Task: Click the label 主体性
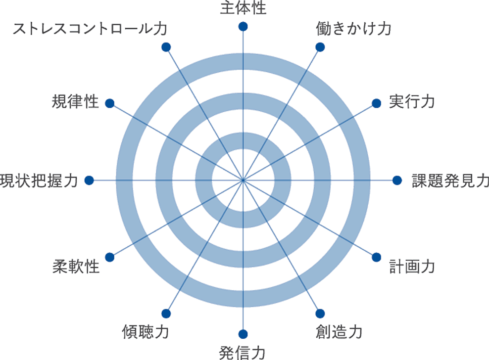(x=243, y=8)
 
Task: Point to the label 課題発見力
(x=450, y=181)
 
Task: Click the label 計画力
(x=412, y=267)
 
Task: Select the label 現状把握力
(x=39, y=181)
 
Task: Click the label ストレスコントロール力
(x=89, y=29)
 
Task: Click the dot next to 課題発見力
(x=397, y=181)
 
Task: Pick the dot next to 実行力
(x=376, y=103)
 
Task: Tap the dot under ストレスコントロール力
(x=165, y=47)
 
